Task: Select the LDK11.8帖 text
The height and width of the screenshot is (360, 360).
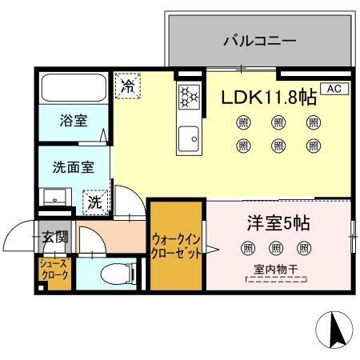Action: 268,98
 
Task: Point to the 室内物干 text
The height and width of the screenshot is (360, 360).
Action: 275,271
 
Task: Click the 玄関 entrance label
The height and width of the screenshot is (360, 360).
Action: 55,236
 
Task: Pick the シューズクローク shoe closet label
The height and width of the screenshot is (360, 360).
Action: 54,270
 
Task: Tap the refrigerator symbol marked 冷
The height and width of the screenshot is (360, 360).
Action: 126,86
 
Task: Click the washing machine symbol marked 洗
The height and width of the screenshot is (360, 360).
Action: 95,202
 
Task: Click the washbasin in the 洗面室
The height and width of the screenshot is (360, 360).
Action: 56,197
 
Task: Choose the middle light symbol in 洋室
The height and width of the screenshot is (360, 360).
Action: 276,247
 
